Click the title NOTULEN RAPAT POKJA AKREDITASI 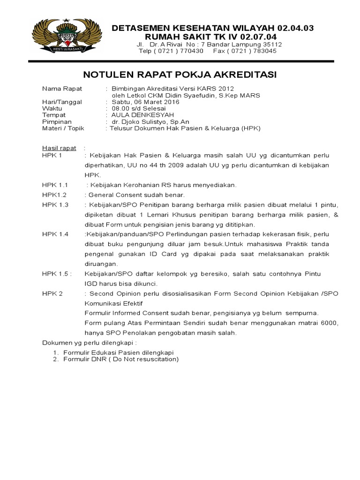(x=180, y=75)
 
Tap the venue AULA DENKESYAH (x=136, y=115)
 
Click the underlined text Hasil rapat (x=59, y=149)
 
